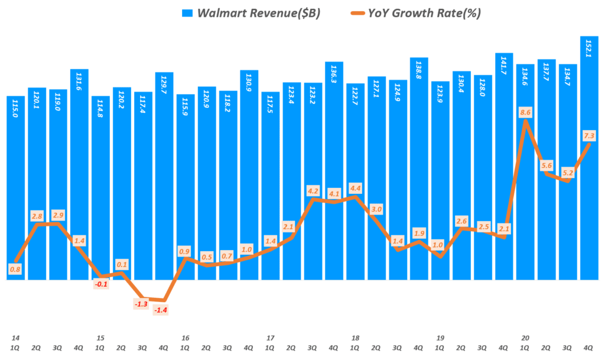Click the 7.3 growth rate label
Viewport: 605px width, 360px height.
point(589,137)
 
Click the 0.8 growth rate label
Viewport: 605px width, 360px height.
point(15,270)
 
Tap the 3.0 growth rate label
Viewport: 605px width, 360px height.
point(376,209)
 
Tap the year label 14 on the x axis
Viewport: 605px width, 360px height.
point(15,338)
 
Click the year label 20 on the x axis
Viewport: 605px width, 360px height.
point(525,338)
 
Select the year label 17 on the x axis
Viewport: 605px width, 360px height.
point(270,338)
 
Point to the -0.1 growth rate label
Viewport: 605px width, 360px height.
point(100,284)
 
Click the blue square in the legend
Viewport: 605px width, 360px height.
point(188,13)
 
